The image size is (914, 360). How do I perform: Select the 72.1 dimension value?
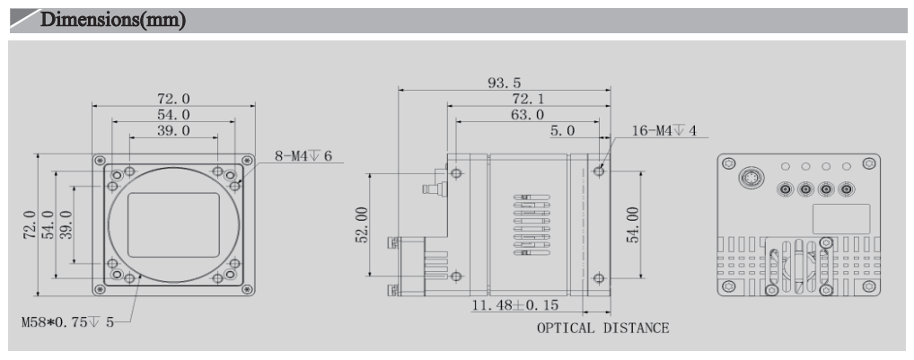tap(518, 98)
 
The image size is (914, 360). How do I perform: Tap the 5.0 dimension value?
tap(563, 132)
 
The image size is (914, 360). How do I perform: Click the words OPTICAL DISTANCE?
tap(602, 328)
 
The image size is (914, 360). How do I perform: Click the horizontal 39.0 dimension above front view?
tap(173, 131)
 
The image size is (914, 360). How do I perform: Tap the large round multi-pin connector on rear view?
tap(748, 178)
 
